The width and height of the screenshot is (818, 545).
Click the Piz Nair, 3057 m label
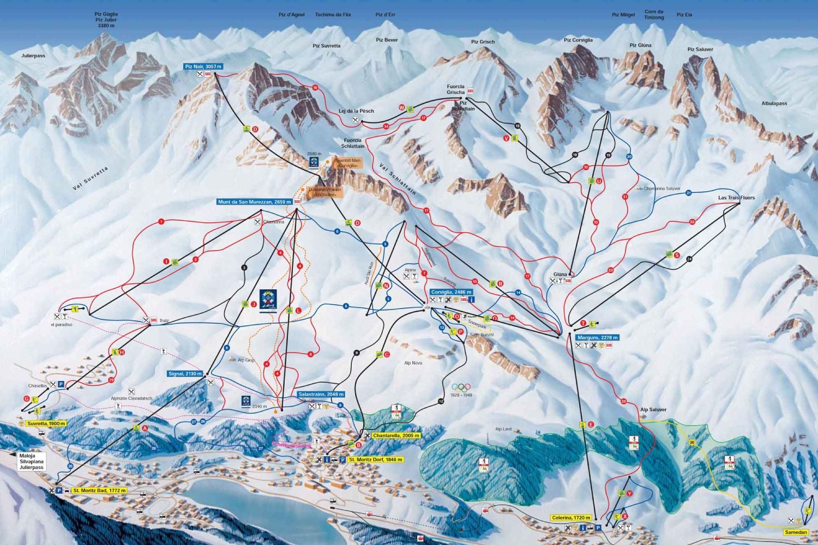(203, 66)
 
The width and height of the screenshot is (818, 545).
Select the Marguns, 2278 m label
(597, 337)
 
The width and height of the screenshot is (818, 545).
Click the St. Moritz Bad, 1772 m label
(99, 491)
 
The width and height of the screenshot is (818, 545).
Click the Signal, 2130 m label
(185, 374)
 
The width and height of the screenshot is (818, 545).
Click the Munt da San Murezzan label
(255, 202)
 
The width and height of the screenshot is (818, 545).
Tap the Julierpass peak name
(33, 56)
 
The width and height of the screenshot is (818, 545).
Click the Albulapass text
(774, 104)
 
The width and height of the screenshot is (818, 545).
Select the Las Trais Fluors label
(736, 198)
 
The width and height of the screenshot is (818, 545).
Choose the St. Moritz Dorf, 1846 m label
(376, 459)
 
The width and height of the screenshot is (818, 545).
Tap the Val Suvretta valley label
(91, 179)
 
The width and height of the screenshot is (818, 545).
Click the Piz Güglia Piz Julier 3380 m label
(106, 20)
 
